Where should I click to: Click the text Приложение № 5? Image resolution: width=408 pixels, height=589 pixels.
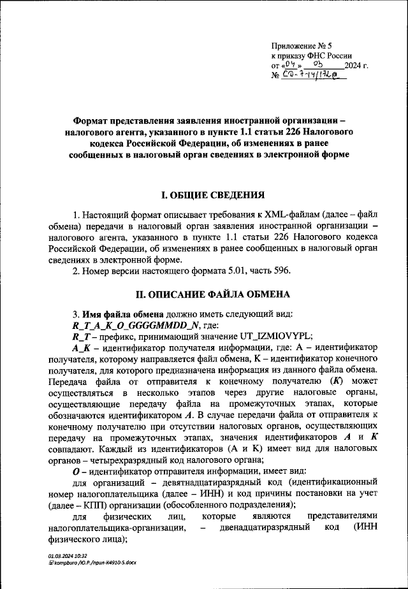302,47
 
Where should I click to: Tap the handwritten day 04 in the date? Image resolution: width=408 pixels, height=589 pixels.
290,65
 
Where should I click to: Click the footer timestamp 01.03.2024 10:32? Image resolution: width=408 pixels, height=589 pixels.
69,556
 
